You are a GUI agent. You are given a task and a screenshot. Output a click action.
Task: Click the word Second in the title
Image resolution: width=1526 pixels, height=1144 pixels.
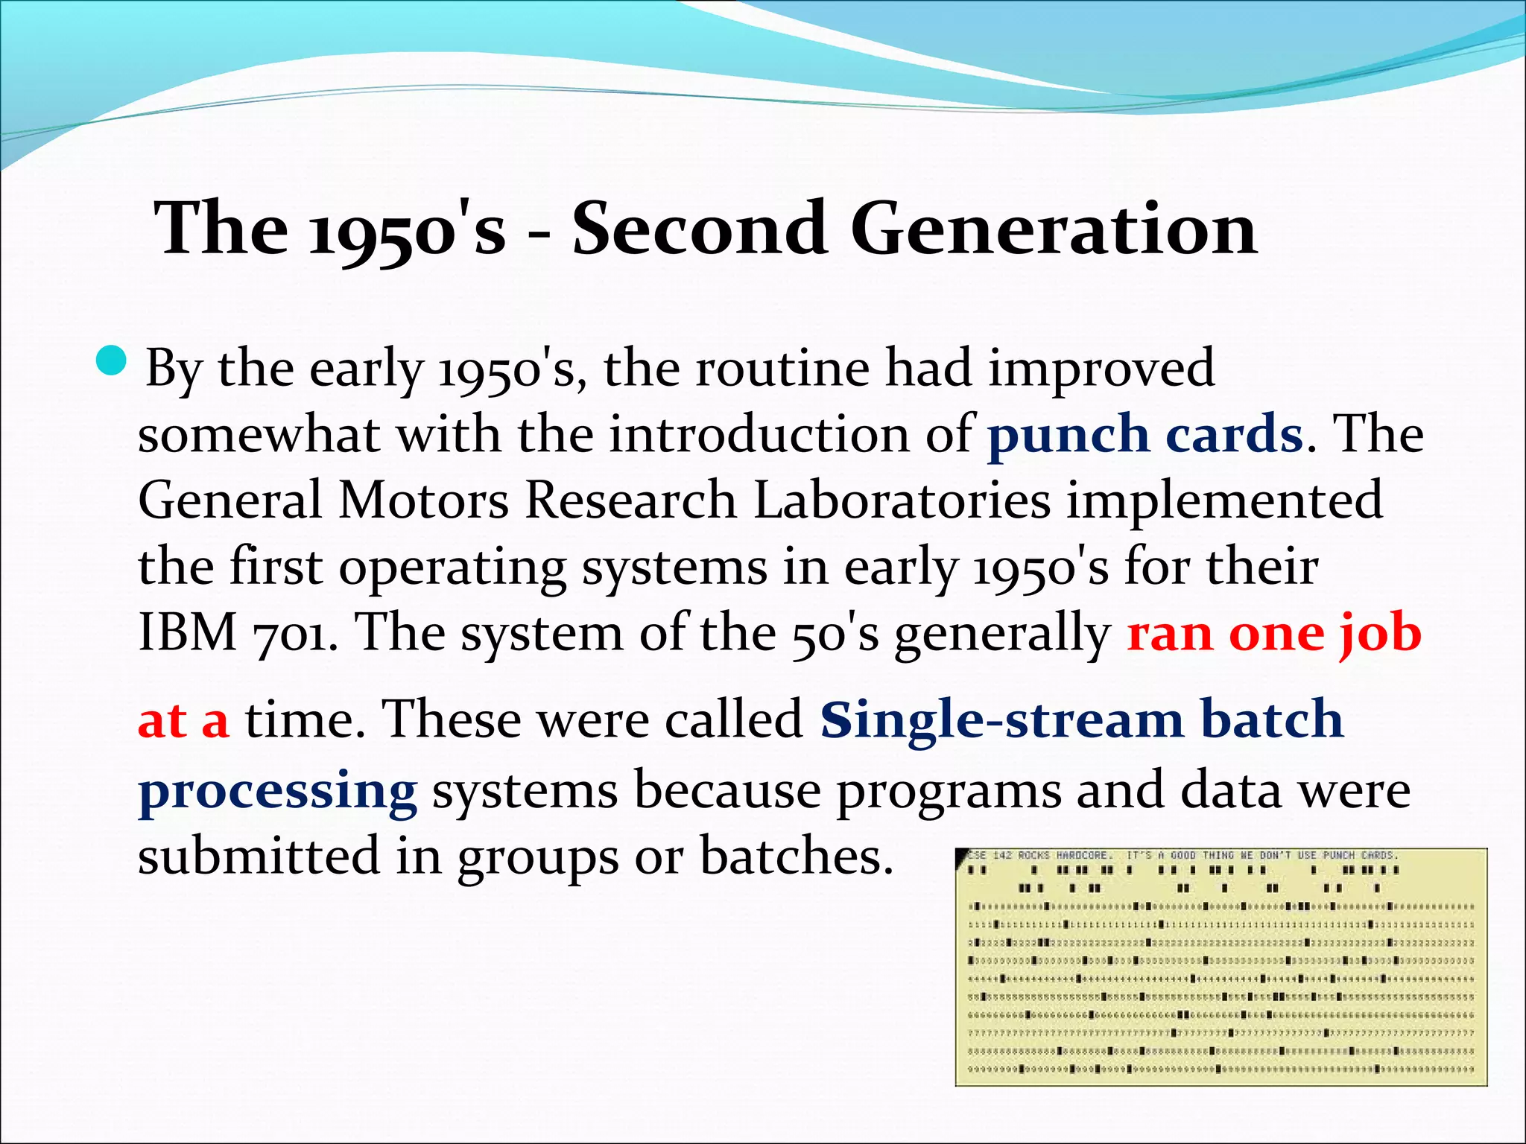point(699,228)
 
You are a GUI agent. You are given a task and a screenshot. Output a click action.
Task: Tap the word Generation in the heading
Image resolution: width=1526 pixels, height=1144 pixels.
point(1054,228)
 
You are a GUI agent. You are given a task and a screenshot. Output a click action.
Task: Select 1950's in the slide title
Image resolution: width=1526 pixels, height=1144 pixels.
point(407,229)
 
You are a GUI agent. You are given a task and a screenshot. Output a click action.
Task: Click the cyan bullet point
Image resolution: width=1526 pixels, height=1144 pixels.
point(113,361)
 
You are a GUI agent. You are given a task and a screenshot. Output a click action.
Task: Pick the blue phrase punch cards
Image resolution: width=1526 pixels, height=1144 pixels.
point(1144,434)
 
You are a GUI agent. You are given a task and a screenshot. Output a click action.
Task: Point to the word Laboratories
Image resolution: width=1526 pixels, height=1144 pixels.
point(902,500)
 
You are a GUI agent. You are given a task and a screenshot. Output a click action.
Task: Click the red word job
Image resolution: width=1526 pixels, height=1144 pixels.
point(1380,634)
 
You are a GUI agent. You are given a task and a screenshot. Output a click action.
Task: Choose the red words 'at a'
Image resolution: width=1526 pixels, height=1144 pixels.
point(183,720)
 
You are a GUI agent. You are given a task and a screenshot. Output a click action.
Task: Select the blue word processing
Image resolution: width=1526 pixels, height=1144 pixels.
point(277,791)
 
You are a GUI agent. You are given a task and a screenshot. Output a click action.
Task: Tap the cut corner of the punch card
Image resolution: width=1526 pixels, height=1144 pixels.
point(962,854)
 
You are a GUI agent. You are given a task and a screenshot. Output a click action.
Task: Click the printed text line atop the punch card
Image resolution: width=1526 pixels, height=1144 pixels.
point(1182,856)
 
